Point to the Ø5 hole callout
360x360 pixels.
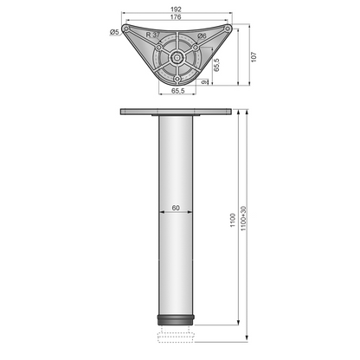[115, 32]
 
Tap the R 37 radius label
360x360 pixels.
[151, 35]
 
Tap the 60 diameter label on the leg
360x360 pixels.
[176, 208]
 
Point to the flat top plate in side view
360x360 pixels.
[177, 112]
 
